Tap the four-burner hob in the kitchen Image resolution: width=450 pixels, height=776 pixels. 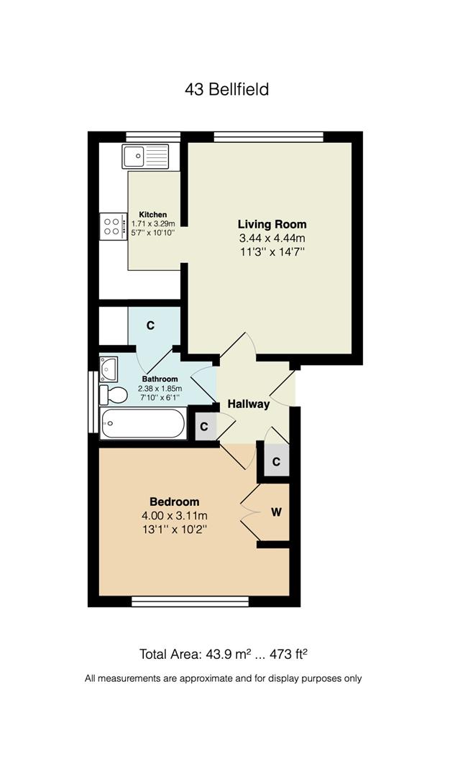tap(112, 227)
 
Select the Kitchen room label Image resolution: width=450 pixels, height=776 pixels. tap(152, 214)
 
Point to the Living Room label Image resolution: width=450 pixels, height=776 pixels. tap(272, 224)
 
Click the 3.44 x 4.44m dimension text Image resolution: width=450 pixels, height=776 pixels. tap(272, 238)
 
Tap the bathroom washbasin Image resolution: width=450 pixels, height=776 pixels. tap(109, 368)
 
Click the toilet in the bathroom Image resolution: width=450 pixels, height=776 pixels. tap(113, 394)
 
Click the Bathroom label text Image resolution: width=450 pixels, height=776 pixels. tap(159, 379)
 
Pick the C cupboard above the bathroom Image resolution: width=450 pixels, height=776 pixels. tap(151, 326)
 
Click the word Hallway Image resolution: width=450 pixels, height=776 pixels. tap(249, 404)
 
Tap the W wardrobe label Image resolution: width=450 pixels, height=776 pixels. tap(276, 512)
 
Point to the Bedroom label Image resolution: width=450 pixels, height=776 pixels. tap(174, 502)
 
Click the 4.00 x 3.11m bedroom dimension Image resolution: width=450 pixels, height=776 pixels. tap(174, 515)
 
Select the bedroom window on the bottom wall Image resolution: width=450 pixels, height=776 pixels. tap(190, 601)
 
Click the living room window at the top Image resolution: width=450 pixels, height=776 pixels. tap(268, 137)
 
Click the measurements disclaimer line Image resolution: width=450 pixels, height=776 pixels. tap(224, 678)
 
